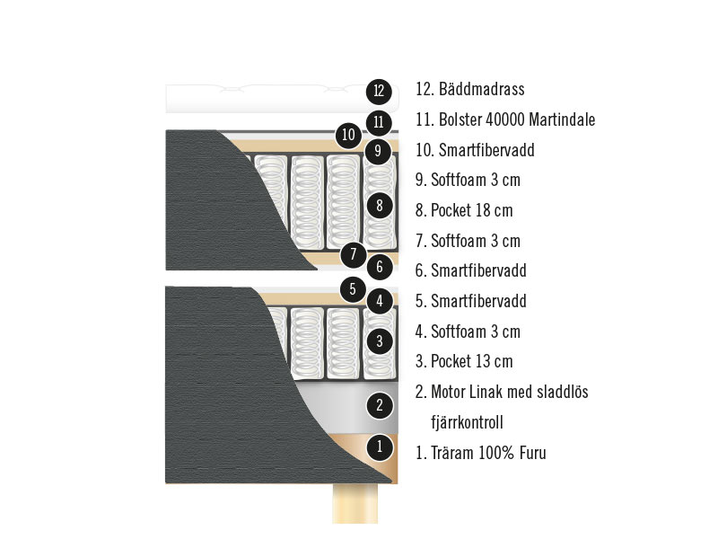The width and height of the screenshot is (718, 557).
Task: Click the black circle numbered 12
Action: (x=380, y=91)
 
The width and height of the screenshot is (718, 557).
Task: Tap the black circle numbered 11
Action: (x=380, y=121)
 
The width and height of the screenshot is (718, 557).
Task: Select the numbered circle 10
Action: (x=349, y=137)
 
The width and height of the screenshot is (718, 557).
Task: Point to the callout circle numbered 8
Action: (x=380, y=205)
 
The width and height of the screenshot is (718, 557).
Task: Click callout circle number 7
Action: (x=354, y=253)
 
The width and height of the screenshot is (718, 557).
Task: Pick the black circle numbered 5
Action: (x=353, y=289)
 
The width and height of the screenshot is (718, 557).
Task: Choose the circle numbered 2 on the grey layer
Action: (x=380, y=405)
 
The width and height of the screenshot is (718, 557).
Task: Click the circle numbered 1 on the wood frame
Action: (x=380, y=446)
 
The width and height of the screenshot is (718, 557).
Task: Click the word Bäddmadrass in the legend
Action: (x=482, y=90)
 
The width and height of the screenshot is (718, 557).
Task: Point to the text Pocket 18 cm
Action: (x=471, y=211)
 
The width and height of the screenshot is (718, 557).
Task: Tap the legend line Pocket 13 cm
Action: (x=471, y=362)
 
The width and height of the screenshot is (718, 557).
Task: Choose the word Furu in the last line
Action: (x=530, y=453)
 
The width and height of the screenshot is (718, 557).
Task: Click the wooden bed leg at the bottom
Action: (x=355, y=504)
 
